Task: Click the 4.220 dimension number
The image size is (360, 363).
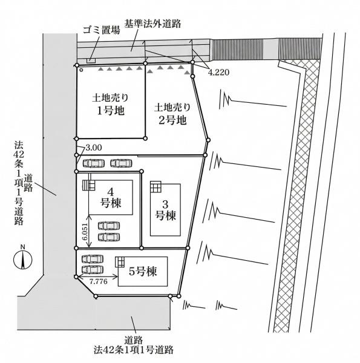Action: coord(220,72)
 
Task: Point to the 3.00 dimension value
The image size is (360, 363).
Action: coord(94,147)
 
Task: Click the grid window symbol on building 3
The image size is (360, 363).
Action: coord(155,185)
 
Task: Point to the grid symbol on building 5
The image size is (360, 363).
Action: coord(120,262)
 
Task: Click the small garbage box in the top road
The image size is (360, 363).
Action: coord(91,60)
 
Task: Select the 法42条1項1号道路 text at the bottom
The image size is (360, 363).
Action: coord(134,349)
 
